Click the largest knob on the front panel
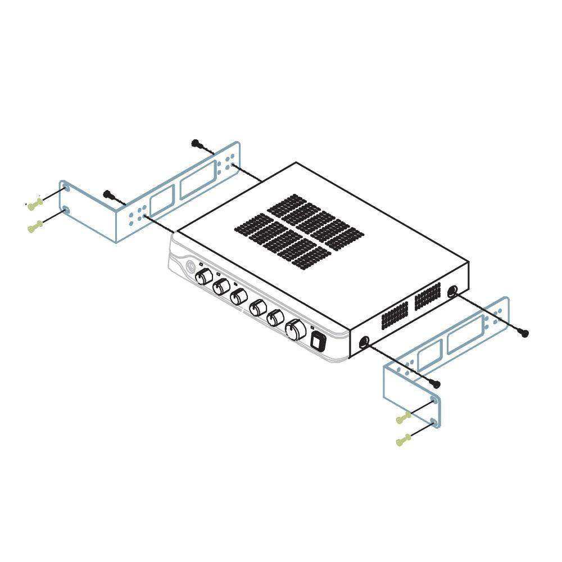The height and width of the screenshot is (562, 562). [x=294, y=329]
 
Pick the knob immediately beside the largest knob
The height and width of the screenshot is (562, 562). [x=275, y=319]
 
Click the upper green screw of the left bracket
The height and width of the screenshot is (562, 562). [x=35, y=203]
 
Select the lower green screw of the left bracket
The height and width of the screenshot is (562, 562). [x=35, y=227]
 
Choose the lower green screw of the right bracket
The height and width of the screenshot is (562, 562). [x=402, y=441]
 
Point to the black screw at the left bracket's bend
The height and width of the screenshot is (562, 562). [x=108, y=194]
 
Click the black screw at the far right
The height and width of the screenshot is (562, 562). [x=524, y=333]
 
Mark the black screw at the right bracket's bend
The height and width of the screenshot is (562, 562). [x=436, y=383]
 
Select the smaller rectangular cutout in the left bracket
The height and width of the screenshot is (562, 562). [x=161, y=202]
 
